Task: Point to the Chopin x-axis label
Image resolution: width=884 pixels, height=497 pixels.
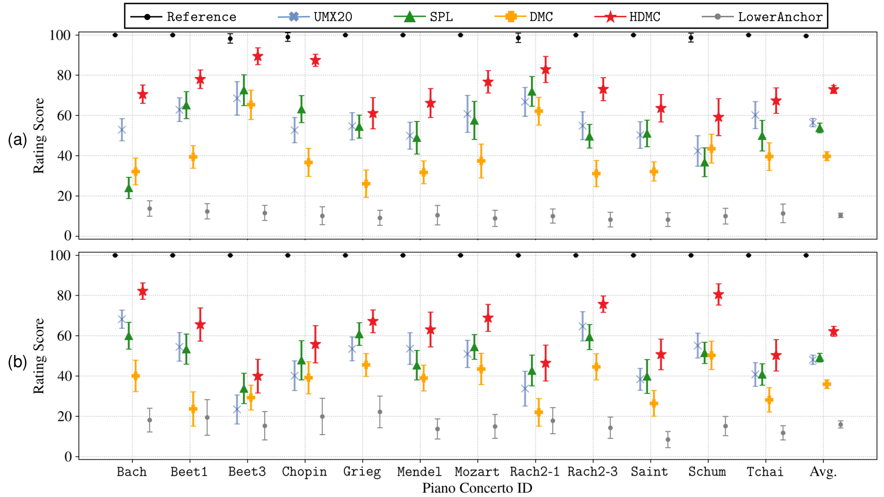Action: click(x=304, y=472)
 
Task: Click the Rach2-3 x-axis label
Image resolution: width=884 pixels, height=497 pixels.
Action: click(x=592, y=472)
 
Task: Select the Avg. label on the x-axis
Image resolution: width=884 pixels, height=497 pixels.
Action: click(x=823, y=472)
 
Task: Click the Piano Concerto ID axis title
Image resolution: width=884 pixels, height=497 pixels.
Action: click(x=477, y=488)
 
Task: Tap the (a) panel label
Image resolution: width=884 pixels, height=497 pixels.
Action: click(x=17, y=139)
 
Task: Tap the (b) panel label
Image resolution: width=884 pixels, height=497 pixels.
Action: click(x=17, y=362)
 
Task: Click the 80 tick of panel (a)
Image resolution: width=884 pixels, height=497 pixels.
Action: click(x=60, y=76)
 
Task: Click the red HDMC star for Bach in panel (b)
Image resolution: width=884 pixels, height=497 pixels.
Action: click(x=143, y=292)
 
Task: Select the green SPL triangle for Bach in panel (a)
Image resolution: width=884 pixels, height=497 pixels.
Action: click(x=128, y=188)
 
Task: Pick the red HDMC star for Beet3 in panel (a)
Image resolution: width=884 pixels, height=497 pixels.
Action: click(x=258, y=56)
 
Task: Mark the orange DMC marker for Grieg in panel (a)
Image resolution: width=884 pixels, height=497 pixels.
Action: click(x=366, y=184)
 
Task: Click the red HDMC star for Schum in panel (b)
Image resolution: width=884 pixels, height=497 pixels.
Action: click(x=719, y=295)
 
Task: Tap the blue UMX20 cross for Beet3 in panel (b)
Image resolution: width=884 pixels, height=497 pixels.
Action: click(x=237, y=409)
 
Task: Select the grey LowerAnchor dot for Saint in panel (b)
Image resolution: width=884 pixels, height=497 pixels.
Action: click(x=668, y=439)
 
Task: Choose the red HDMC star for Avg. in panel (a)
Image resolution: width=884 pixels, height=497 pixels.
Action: click(x=834, y=89)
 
